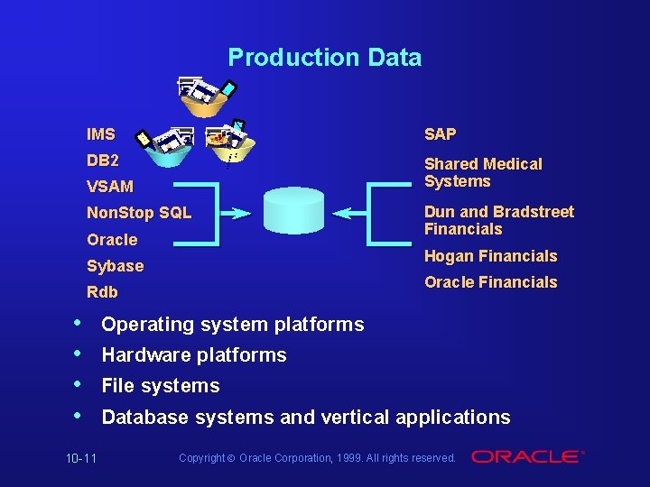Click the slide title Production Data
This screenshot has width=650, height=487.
tap(324, 58)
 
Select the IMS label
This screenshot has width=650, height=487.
tap(101, 134)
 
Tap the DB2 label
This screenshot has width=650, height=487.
tap(102, 161)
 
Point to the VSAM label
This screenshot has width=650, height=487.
tap(109, 187)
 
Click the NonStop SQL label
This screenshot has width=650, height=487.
tap(139, 214)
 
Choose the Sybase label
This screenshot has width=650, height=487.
tap(115, 266)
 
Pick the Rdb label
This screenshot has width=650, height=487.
tap(102, 292)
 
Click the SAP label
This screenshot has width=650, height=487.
tap(441, 134)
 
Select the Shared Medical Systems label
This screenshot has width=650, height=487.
tap(483, 172)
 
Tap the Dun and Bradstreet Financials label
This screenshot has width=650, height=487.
tap(498, 221)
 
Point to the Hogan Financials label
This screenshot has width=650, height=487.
tap(490, 256)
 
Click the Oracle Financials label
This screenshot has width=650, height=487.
tap(490, 282)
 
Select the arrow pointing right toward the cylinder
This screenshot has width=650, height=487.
tap(236, 215)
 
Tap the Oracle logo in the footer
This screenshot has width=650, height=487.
tap(528, 457)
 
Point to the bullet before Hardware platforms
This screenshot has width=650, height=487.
tap(82, 354)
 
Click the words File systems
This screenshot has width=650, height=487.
tap(161, 386)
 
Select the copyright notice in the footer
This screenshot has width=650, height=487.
tap(317, 458)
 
